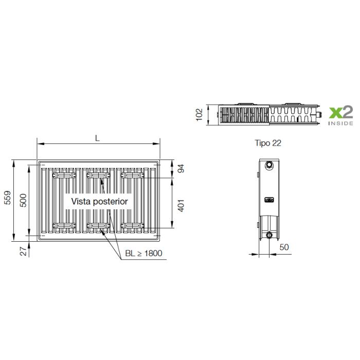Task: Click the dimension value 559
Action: click(x=8, y=197)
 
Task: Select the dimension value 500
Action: click(x=23, y=201)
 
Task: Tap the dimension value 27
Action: click(x=24, y=251)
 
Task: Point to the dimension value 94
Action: click(x=181, y=169)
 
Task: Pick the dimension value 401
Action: click(x=181, y=206)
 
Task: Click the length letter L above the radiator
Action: click(x=97, y=138)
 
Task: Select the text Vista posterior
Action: click(x=99, y=202)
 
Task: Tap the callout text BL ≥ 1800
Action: click(x=143, y=253)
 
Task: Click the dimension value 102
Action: click(x=199, y=115)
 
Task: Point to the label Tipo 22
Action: click(x=268, y=143)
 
